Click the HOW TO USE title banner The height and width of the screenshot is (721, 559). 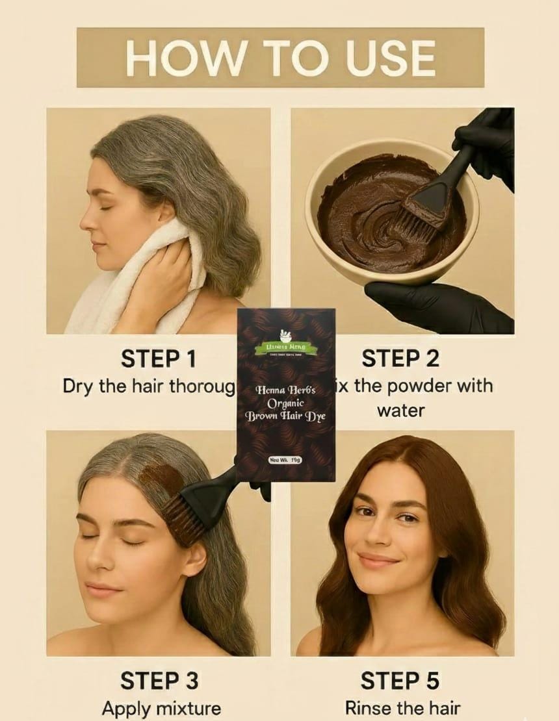280,57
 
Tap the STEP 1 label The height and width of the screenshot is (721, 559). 159,359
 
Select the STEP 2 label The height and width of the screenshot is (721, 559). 400,359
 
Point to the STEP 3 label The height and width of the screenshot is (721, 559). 159,681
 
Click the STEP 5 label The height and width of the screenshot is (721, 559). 400,681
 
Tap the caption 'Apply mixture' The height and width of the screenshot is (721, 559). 161,708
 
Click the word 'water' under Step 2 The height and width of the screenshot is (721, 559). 400,411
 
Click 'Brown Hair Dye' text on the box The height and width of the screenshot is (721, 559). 285,416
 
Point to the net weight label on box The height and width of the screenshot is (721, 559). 285,460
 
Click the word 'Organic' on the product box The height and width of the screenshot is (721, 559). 285,403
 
